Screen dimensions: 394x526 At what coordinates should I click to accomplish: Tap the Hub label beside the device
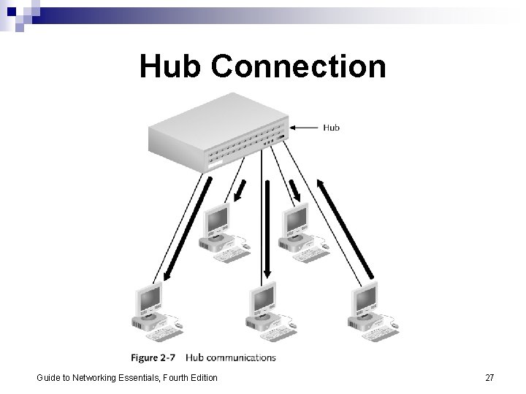pyautogui.click(x=331, y=128)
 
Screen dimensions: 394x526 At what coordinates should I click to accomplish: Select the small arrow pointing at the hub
pyautogui.click(x=302, y=128)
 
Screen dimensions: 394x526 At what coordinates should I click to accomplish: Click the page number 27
pyautogui.click(x=489, y=377)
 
